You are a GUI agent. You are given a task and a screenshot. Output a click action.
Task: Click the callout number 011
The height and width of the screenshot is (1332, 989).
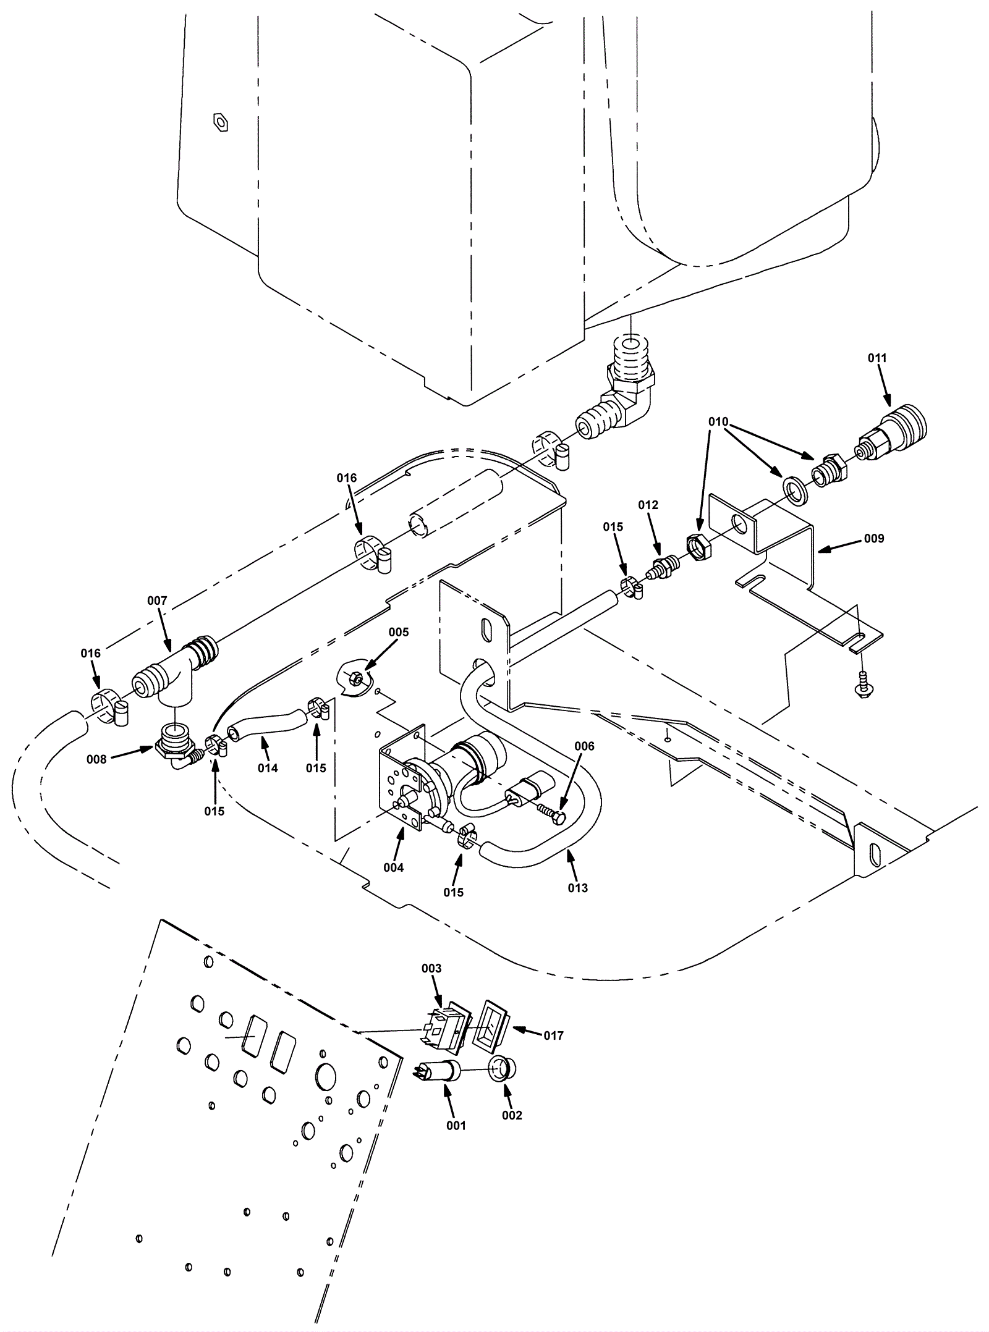click(877, 358)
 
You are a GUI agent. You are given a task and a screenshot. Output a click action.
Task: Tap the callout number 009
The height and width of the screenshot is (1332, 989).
click(874, 538)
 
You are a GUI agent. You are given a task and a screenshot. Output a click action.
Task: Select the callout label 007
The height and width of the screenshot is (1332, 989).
click(157, 601)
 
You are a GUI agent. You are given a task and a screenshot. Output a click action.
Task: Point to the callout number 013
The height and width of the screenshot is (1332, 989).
click(578, 888)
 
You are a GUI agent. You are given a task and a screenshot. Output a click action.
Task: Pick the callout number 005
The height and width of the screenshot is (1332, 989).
click(399, 632)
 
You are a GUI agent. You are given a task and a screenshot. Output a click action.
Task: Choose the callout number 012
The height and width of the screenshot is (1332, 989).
click(648, 505)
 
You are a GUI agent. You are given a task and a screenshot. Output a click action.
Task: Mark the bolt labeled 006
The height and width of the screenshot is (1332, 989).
click(551, 813)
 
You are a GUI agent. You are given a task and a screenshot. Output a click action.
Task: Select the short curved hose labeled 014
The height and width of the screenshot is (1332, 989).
click(268, 723)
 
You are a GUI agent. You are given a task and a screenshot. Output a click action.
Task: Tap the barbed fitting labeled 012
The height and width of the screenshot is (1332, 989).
click(662, 567)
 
